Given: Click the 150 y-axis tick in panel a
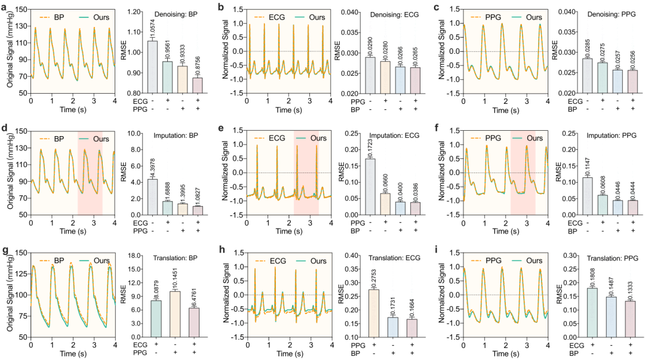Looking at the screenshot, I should (21, 10).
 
